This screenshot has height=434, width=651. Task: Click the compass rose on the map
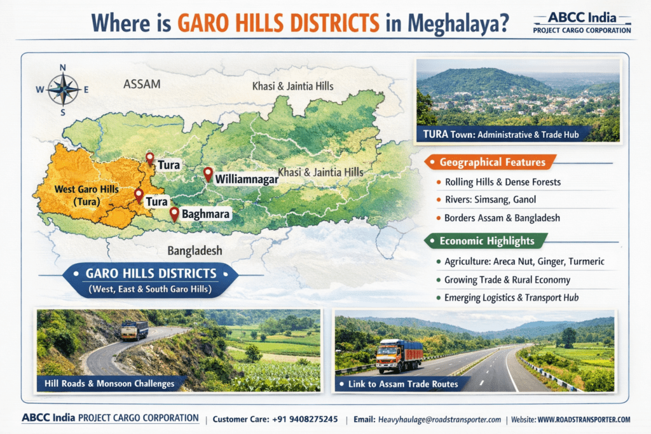click(62, 90)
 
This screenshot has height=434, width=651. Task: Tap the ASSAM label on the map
click(142, 84)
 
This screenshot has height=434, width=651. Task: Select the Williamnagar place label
click(247, 180)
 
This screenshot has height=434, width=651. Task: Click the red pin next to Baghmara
click(174, 214)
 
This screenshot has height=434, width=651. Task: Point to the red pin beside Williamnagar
click(207, 173)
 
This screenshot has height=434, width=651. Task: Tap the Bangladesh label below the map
click(195, 250)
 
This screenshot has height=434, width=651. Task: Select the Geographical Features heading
click(492, 162)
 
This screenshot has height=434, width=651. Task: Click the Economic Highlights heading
click(487, 241)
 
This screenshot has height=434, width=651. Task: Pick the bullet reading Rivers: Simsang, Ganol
click(490, 200)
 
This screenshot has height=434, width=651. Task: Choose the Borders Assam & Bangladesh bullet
click(502, 217)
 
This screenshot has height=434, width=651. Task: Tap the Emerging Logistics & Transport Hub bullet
click(512, 297)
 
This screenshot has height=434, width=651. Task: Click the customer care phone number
click(307, 419)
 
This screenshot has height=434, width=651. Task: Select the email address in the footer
click(439, 419)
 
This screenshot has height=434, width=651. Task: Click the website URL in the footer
click(584, 419)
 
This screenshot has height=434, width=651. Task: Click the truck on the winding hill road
click(134, 330)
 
